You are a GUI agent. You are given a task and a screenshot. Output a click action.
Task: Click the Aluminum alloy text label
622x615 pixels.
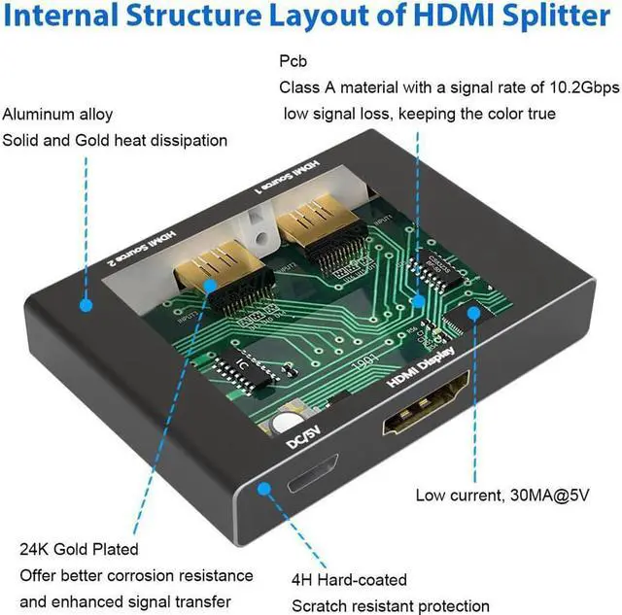(x=59, y=113)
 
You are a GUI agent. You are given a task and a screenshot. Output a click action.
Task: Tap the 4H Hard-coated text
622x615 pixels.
(x=349, y=580)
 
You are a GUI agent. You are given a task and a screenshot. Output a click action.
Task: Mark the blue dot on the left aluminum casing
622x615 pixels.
(x=86, y=304)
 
